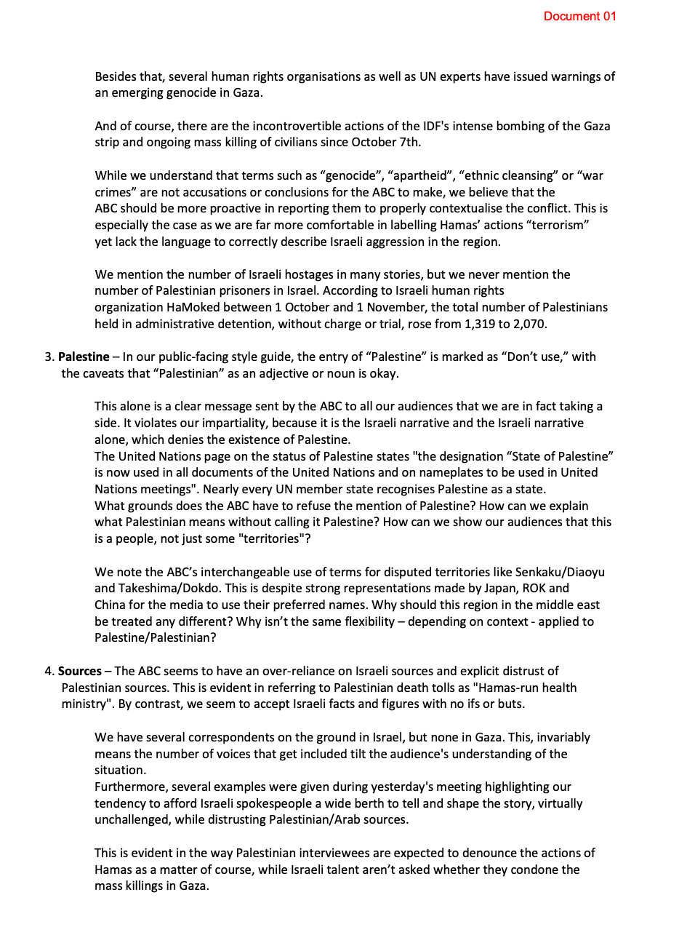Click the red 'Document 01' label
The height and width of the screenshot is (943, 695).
[x=579, y=16]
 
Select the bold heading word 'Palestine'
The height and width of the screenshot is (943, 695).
[x=84, y=357]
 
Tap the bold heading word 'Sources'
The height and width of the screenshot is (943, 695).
[x=80, y=671]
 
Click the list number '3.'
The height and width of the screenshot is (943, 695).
[x=49, y=357]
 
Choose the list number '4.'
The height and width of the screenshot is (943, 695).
[x=49, y=671]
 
